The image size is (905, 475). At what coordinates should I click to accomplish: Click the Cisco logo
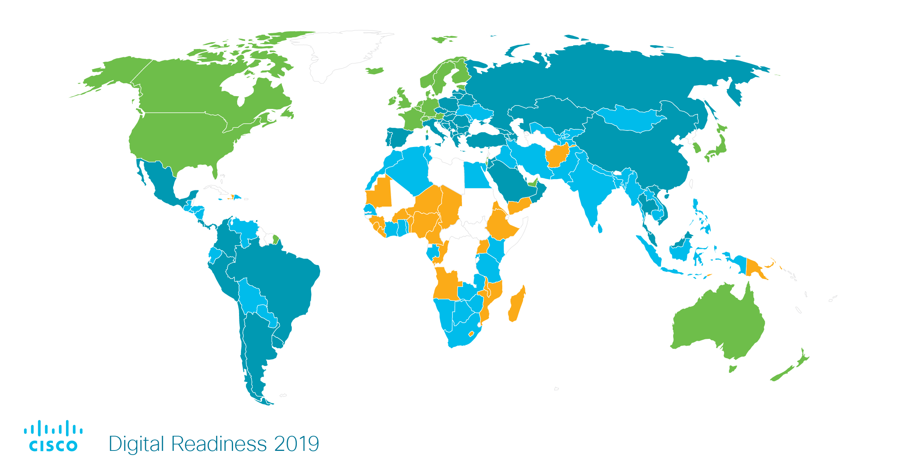tap(53, 436)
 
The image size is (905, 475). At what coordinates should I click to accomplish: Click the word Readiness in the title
tap(219, 444)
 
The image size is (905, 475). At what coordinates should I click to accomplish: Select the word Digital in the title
tap(136, 444)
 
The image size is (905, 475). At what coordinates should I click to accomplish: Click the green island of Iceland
tap(374, 70)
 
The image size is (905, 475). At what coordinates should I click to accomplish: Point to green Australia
tap(716, 324)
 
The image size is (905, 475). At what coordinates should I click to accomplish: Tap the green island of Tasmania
tap(732, 368)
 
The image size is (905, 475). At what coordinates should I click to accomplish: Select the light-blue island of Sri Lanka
tap(600, 228)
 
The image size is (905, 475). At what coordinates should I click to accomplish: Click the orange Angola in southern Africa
tap(447, 285)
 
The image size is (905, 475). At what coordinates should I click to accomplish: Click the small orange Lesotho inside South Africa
tap(471, 334)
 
